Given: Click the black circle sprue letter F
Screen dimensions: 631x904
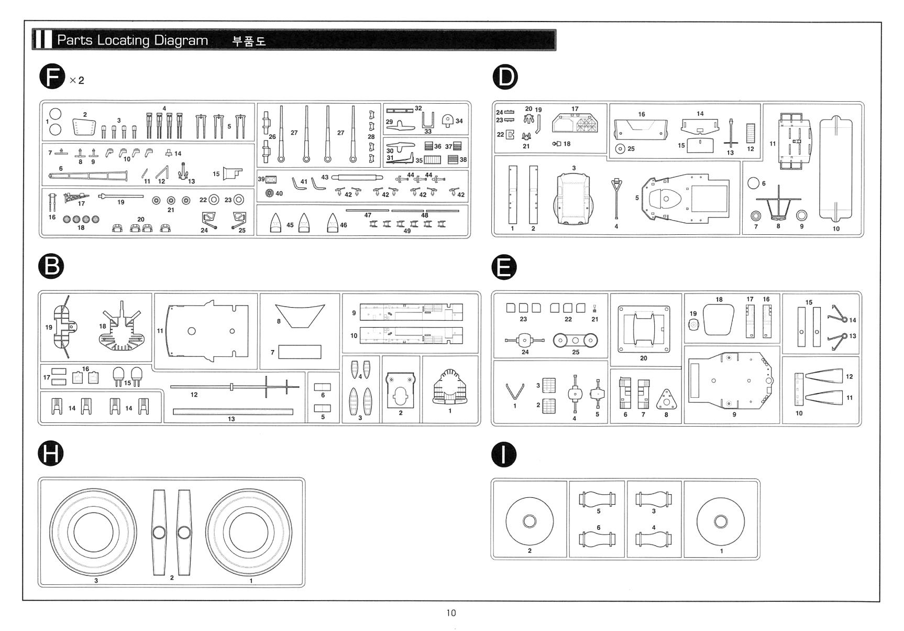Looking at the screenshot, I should [52, 78].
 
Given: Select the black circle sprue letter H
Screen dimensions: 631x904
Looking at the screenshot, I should [51, 453].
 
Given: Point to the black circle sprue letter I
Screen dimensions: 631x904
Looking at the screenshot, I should [504, 454].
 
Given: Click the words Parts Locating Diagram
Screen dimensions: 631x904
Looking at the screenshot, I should [133, 40].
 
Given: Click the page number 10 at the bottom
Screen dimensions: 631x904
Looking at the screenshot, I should [451, 613].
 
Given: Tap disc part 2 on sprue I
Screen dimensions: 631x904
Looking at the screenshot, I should [530, 521].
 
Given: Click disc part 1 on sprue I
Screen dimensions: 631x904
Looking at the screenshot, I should [721, 521].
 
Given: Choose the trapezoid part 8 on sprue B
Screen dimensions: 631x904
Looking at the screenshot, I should [300, 315].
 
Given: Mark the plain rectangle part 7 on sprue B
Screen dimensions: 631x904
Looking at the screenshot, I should [300, 352].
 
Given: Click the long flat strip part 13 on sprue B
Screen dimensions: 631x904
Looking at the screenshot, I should [233, 412].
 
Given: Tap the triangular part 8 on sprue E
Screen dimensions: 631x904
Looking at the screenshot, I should [666, 400].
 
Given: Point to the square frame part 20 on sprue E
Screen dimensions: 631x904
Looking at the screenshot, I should [644, 330].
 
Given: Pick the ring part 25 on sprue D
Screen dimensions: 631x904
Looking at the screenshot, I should [620, 149].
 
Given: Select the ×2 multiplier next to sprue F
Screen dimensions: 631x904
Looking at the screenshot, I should [77, 80].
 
